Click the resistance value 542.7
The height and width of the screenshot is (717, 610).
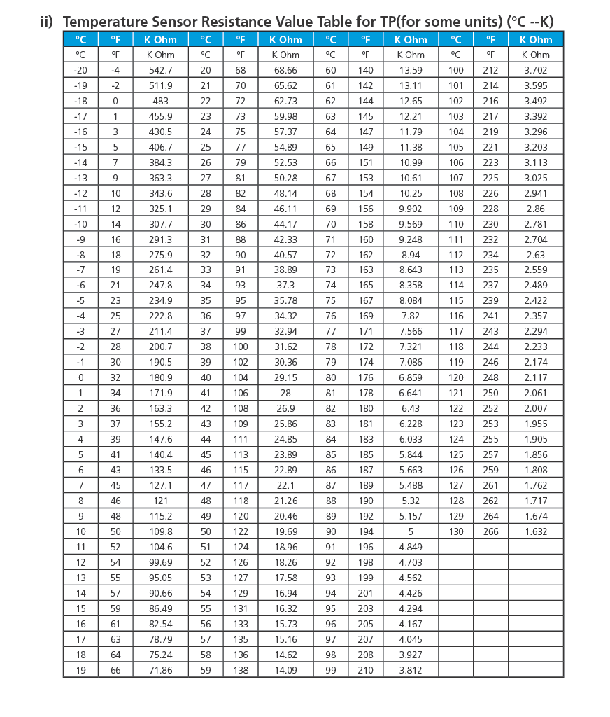(160, 70)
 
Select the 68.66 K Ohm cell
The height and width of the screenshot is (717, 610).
(285, 70)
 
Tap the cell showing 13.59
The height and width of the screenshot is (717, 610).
(411, 70)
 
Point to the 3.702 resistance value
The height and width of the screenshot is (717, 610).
(535, 70)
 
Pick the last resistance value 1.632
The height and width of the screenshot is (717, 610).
(535, 531)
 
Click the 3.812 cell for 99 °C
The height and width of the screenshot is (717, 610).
(411, 670)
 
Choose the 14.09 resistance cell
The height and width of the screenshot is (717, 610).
(285, 670)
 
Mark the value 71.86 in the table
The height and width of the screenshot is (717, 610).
(160, 670)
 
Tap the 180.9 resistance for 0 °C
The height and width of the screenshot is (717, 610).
(160, 378)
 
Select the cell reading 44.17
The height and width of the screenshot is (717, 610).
(285, 224)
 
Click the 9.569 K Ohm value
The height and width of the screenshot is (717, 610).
(411, 224)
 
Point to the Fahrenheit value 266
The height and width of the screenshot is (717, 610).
(491, 531)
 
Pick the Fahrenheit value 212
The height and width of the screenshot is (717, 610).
(491, 70)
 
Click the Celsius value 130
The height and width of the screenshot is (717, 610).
(456, 531)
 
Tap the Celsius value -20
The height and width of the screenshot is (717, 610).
(80, 70)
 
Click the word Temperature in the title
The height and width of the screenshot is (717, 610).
(111, 21)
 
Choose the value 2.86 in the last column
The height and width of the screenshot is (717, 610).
(535, 209)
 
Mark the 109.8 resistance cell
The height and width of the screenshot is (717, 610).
(160, 531)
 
